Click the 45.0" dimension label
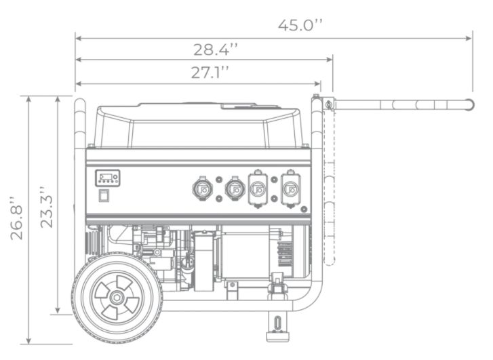coord(300,25)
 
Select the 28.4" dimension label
coord(216,49)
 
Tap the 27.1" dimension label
coord(210,73)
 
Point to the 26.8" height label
coord(17,218)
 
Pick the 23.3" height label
coord(47,207)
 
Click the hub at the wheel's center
coord(117,297)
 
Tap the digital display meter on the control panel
coord(108,178)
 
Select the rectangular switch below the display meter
coord(104,195)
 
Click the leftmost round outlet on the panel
coord(202,188)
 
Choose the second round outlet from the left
coord(235,188)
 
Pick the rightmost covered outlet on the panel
coord(290,189)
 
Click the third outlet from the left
coord(258,189)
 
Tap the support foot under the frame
coord(277,326)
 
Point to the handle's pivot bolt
coord(329,104)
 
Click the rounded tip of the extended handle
coord(470,104)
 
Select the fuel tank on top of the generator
coord(199,125)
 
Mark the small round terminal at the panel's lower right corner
coord(304,209)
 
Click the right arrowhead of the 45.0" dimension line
coord(471,39)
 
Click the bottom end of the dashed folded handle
coord(329,264)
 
